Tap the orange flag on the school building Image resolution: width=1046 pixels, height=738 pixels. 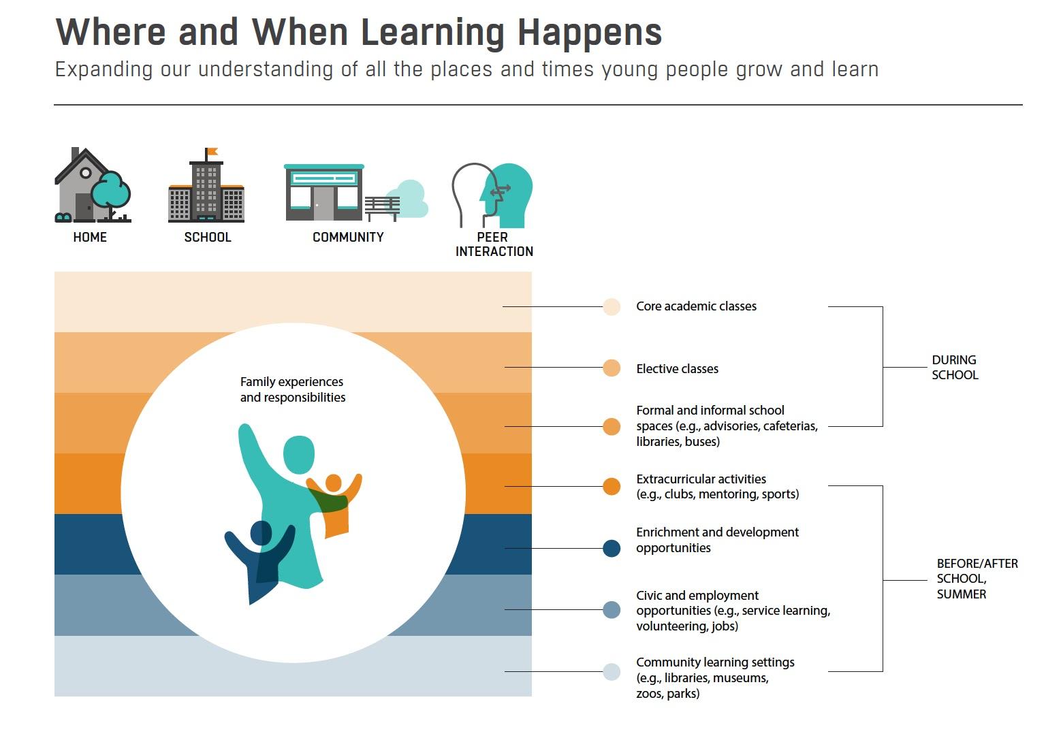click(x=212, y=152)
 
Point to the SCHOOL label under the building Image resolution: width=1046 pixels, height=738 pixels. click(x=208, y=237)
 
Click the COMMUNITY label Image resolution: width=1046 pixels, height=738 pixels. click(x=348, y=237)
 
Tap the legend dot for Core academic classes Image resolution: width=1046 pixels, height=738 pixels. click(x=612, y=306)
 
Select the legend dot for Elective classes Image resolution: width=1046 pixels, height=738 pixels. click(x=612, y=368)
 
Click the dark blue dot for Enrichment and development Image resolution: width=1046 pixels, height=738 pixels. click(x=612, y=548)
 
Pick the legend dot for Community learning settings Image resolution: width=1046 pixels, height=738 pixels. click(x=612, y=672)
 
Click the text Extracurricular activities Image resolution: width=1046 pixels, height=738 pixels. click(x=701, y=479)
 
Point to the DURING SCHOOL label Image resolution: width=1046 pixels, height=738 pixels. click(x=955, y=368)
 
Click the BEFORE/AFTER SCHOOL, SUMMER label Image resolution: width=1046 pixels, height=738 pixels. click(x=977, y=579)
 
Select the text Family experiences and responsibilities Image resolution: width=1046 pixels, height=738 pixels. click(x=293, y=389)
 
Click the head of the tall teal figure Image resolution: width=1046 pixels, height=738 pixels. click(x=299, y=455)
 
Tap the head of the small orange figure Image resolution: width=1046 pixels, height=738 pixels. click(x=334, y=483)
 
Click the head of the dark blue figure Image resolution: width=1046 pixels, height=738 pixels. click(x=261, y=532)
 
